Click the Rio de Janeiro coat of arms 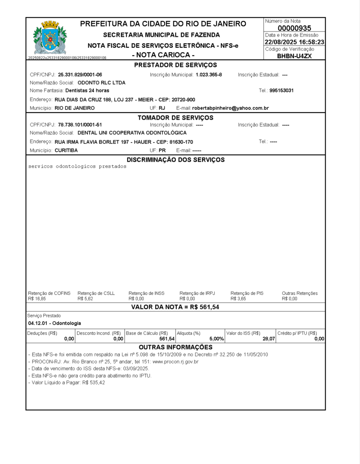[50, 38]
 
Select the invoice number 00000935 [294, 28]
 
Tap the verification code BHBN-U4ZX [294, 56]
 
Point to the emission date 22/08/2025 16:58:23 [294, 42]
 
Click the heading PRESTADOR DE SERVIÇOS [176, 65]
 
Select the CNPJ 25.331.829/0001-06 [80, 75]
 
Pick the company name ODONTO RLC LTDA [102, 83]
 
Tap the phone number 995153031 [282, 91]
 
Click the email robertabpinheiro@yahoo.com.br [231, 108]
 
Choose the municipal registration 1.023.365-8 [209, 75]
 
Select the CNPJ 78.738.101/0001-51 [80, 125]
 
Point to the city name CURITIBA [66, 150]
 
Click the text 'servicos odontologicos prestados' [77, 166]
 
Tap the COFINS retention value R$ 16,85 [37, 299]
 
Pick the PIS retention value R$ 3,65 [238, 299]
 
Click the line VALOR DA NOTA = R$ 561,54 [175, 307]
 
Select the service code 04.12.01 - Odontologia [54, 323]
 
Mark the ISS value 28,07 [269, 339]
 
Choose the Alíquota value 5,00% [217, 339]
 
